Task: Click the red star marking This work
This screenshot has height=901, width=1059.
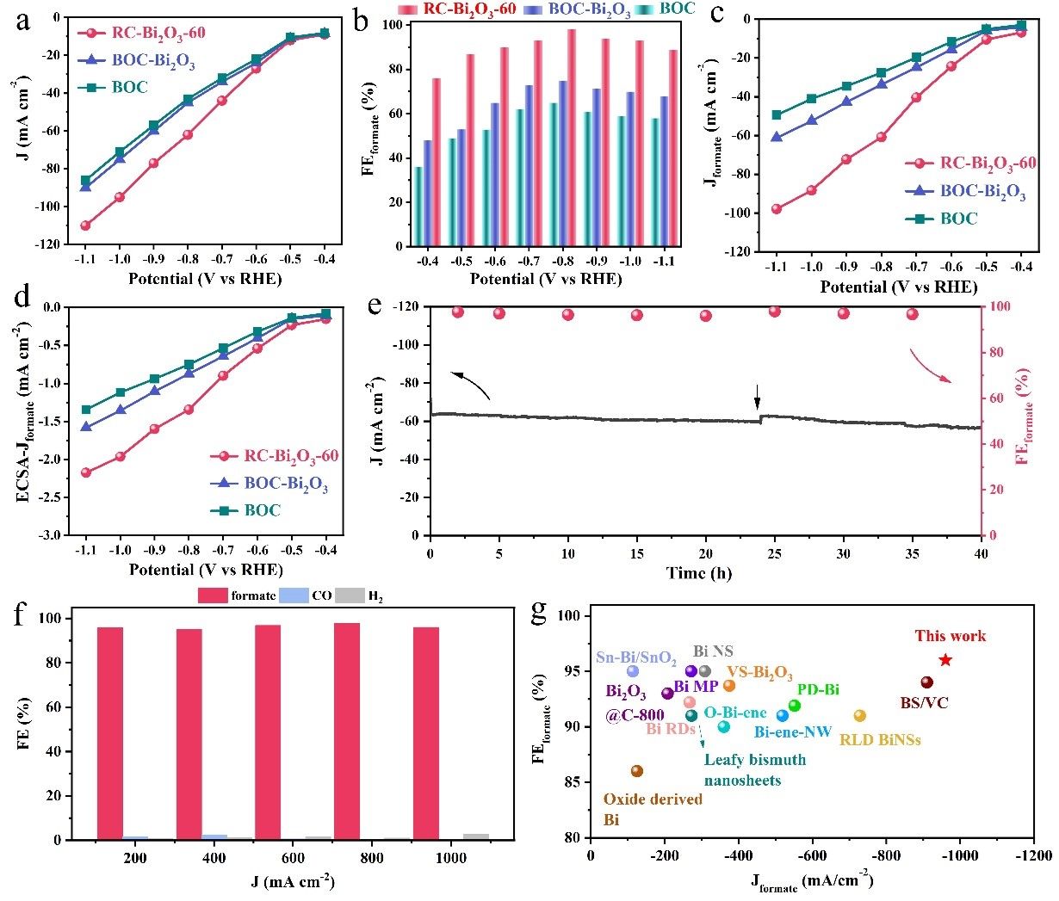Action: pos(945,660)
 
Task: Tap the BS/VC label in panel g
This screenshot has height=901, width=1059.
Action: pos(924,703)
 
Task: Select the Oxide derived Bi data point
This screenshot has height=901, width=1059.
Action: pos(637,771)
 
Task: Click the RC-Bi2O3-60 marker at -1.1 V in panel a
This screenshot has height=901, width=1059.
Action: pos(85,225)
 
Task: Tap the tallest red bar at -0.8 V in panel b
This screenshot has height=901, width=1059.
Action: pos(572,138)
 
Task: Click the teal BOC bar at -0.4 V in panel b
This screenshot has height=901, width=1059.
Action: pos(419,207)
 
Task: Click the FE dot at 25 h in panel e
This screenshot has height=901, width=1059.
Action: pos(775,312)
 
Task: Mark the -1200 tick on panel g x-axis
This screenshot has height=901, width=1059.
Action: pos(1033,856)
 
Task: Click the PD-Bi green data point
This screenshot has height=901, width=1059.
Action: pos(795,706)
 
